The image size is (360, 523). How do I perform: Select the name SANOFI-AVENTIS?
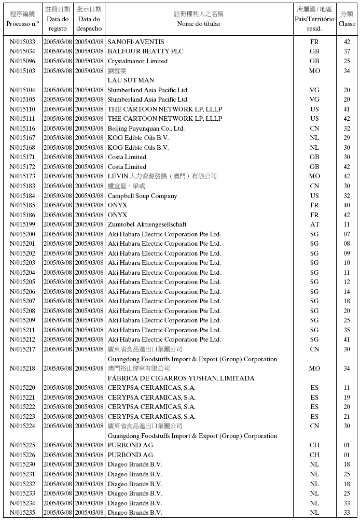coord(135,42)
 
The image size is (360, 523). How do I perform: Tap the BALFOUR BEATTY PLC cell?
coord(145,51)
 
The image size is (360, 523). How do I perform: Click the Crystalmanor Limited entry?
coord(137,61)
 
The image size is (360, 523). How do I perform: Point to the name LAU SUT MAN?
coord(131,80)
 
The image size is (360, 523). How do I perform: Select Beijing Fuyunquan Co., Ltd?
coord(146,129)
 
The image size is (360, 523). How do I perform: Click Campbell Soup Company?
coord(142,196)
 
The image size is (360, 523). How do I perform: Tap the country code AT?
coord(314,224)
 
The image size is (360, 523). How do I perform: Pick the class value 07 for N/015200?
coord(347,234)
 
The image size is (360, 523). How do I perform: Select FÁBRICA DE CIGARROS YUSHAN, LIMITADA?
coord(181,378)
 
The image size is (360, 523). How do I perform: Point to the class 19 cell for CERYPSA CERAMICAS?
coord(347,398)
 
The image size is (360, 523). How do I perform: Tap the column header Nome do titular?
coord(199,24)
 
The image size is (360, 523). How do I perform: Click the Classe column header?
coord(347,24)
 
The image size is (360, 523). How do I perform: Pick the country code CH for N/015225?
coord(314,445)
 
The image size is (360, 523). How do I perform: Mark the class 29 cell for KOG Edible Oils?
coord(347,138)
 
